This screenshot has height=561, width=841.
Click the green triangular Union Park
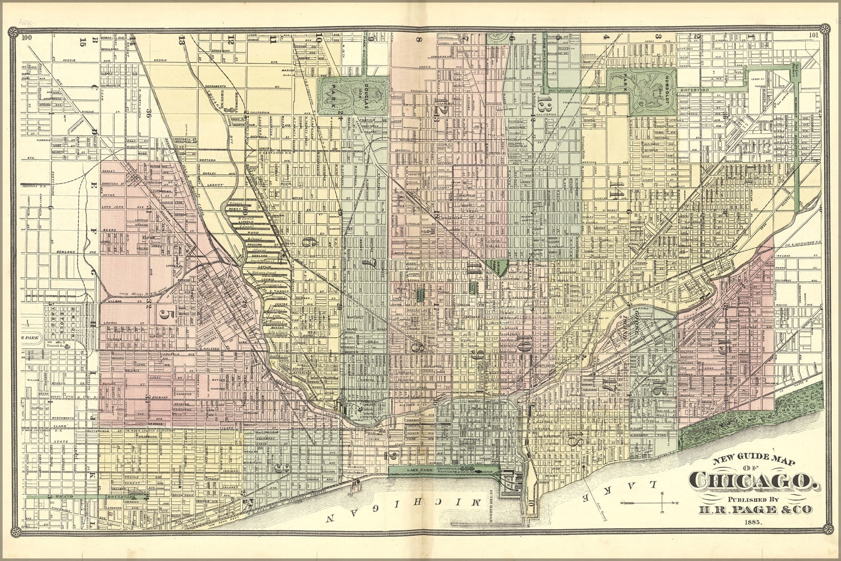pyautogui.click(x=502, y=266)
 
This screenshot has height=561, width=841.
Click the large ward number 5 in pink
pyautogui.click(x=164, y=314)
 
